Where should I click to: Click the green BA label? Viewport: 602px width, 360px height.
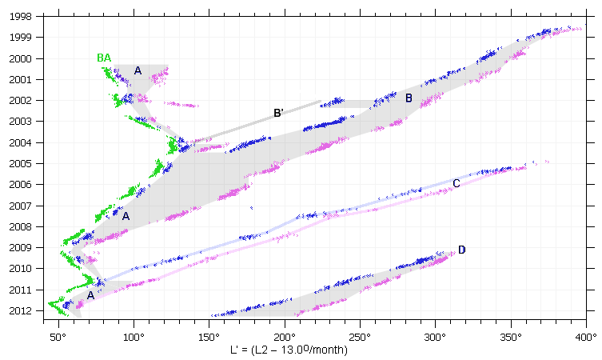pyautogui.click(x=104, y=58)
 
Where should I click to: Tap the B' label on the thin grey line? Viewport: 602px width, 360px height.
pyautogui.click(x=278, y=113)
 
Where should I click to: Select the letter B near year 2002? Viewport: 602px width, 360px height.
pyautogui.click(x=409, y=98)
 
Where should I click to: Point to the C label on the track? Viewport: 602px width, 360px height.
pyautogui.click(x=456, y=183)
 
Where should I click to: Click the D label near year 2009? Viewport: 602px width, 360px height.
pyautogui.click(x=461, y=250)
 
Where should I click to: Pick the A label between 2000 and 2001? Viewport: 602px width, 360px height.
pyautogui.click(x=138, y=70)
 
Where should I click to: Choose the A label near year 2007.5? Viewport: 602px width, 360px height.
pyautogui.click(x=126, y=216)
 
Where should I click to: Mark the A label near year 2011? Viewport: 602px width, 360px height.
pyautogui.click(x=90, y=295)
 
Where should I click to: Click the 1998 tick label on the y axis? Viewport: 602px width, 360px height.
pyautogui.click(x=20, y=16)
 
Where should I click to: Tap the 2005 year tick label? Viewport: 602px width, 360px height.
pyautogui.click(x=20, y=163)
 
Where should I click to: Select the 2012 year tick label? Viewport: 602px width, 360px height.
pyautogui.click(x=20, y=310)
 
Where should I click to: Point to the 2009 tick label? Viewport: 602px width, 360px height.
pyautogui.click(x=20, y=247)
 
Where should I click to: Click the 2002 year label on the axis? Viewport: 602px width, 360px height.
pyautogui.click(x=20, y=100)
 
